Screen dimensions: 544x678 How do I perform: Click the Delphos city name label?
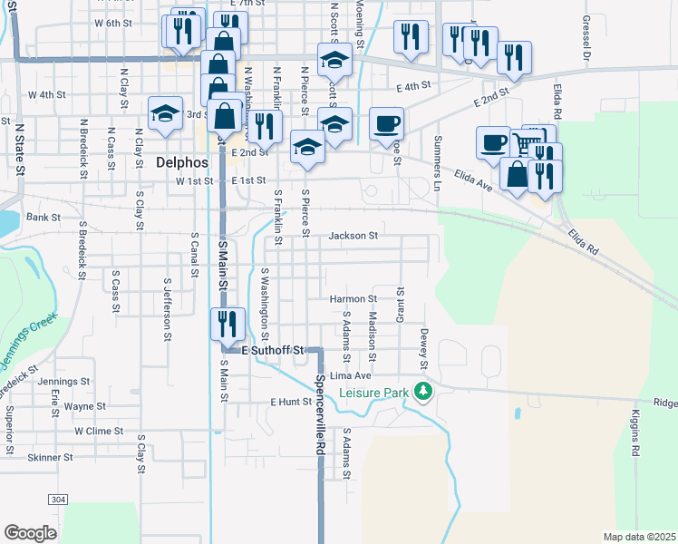[x=182, y=163]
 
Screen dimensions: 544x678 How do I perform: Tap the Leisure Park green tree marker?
[x=422, y=392]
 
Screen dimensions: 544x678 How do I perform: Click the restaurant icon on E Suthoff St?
[x=227, y=325]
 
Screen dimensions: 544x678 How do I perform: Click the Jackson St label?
[x=353, y=236]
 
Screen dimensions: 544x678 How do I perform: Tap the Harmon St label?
[x=353, y=298]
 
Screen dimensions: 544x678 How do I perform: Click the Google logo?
[x=30, y=533]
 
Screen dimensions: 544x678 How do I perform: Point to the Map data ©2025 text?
[x=639, y=537]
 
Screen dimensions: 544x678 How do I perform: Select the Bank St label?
[x=43, y=218]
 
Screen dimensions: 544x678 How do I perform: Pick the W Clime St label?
[x=99, y=432]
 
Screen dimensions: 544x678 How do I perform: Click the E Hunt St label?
[x=290, y=401]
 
